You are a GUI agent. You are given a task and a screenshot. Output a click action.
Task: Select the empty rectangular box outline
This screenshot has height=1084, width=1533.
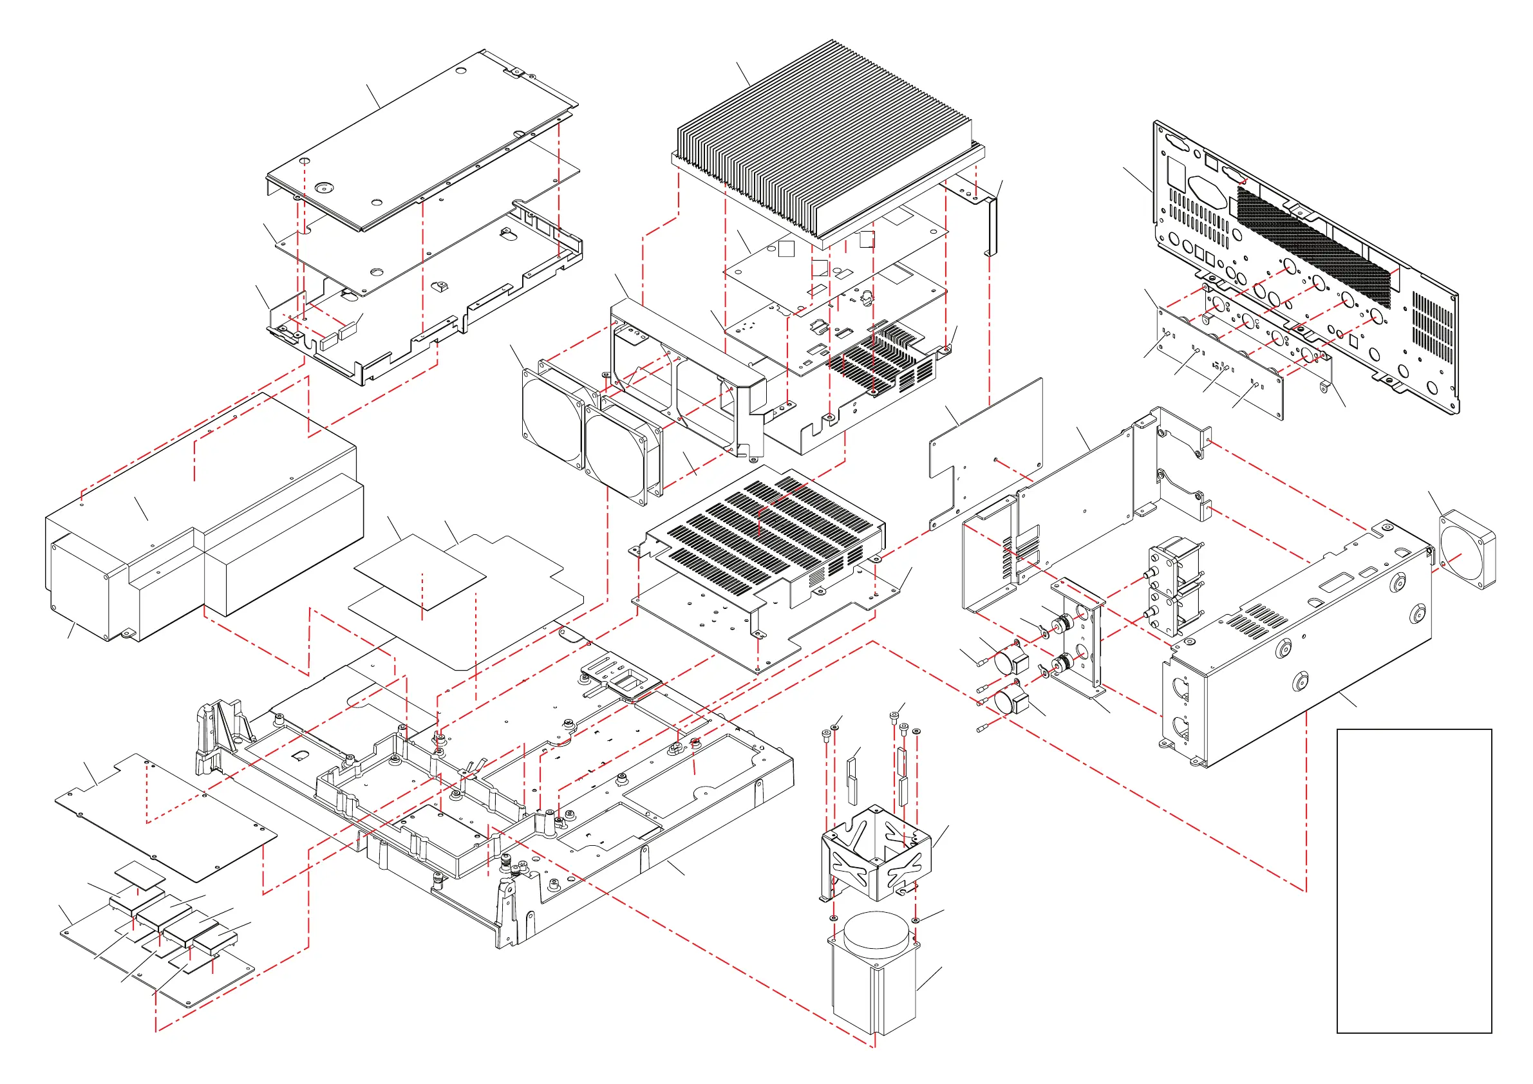tap(1413, 881)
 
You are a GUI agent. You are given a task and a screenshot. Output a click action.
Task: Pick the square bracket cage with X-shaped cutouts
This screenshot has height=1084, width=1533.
tap(874, 854)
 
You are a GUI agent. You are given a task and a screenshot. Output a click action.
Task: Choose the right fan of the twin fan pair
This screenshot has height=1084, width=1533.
tap(617, 451)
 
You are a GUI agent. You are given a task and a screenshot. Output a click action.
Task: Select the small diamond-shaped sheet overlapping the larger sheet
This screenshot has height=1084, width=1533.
tap(420, 572)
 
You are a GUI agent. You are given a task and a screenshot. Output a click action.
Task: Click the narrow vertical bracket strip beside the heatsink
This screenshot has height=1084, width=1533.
tap(991, 223)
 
